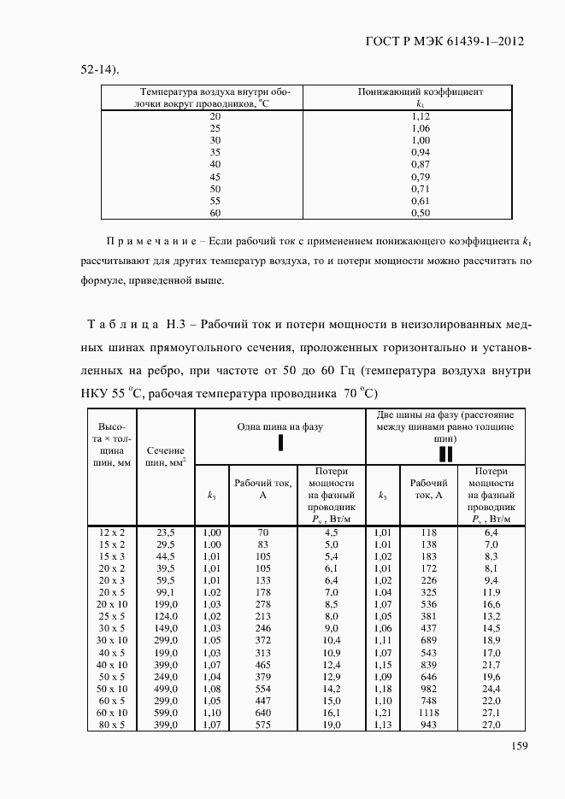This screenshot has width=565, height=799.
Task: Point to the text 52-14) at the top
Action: pos(100,69)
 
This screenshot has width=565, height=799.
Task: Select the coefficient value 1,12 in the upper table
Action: pos(420,115)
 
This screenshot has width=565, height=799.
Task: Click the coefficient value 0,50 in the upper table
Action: pos(420,212)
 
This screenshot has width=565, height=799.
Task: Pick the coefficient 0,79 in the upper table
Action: pos(420,176)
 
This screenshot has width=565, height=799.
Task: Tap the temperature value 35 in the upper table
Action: pos(215,151)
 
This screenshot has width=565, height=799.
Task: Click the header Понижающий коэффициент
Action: pos(420,91)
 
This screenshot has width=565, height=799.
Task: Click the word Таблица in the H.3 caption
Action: pos(124,326)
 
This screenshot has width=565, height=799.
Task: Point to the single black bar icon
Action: pos(280,443)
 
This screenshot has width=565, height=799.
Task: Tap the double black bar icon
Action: pos(445,453)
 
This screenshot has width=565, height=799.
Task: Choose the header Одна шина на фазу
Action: pos(280,425)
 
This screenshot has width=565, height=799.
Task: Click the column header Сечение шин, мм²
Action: pos(166,456)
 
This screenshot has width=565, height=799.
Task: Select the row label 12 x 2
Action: pos(112,532)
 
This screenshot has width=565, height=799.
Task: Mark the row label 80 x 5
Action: pos(112,725)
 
